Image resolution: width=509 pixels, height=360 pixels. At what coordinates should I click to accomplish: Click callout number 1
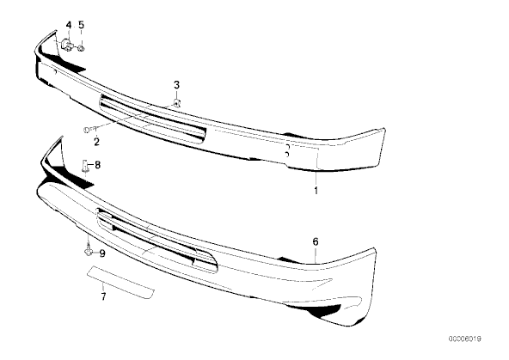pyautogui.click(x=316, y=191)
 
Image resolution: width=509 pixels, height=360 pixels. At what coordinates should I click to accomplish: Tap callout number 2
pyautogui.click(x=97, y=142)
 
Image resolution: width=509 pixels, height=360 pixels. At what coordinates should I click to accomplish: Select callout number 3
pyautogui.click(x=176, y=85)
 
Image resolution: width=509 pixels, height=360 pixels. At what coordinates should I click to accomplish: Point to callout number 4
pyautogui.click(x=69, y=25)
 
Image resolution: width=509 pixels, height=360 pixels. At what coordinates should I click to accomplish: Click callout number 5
pyautogui.click(x=81, y=25)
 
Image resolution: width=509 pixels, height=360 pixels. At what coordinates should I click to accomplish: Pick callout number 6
pyautogui.click(x=316, y=241)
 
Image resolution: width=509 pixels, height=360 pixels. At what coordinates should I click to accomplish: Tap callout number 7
pyautogui.click(x=103, y=296)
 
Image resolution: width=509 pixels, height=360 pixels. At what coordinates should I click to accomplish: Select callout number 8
pyautogui.click(x=97, y=165)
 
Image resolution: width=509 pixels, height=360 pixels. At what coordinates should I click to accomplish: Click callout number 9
pyautogui.click(x=102, y=253)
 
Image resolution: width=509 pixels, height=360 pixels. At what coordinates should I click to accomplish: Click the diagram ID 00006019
pyautogui.click(x=465, y=339)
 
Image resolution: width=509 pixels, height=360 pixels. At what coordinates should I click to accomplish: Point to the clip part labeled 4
pyautogui.click(x=67, y=45)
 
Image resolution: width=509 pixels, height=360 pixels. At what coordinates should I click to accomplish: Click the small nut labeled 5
pyautogui.click(x=82, y=49)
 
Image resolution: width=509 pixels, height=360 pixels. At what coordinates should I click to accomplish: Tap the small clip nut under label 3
pyautogui.click(x=176, y=103)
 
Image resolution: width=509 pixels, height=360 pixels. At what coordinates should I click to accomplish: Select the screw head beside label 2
pyautogui.click(x=87, y=130)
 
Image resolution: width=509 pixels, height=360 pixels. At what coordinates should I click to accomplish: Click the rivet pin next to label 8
pyautogui.click(x=85, y=165)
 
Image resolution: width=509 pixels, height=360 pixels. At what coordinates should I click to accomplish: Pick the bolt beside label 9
pyautogui.click(x=88, y=251)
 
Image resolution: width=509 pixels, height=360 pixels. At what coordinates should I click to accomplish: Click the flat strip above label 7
pyautogui.click(x=120, y=283)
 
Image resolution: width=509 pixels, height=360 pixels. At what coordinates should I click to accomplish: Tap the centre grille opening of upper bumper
pyautogui.click(x=152, y=119)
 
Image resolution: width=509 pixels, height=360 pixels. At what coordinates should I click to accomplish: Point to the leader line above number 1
pyautogui.click(x=316, y=179)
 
